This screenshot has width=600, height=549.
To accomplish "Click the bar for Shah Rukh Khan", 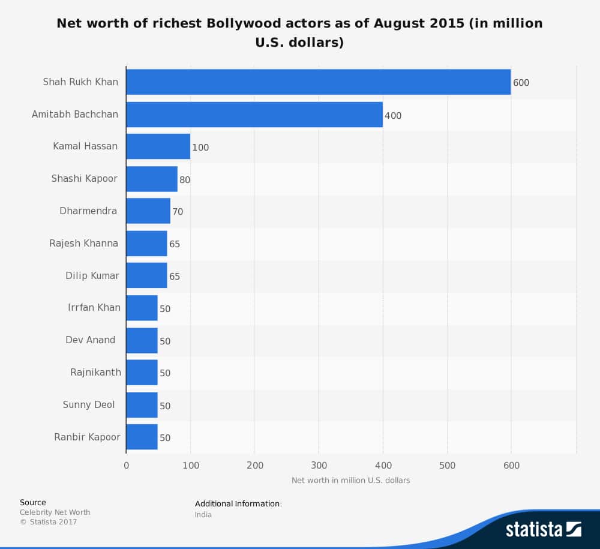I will pos(318,82).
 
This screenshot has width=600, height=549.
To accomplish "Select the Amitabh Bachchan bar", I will pos(254,115).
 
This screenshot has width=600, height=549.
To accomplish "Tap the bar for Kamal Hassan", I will pos(158,146).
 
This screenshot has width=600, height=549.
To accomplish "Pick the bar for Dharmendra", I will pos(148,211).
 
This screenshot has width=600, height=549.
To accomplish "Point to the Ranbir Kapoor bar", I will pos(142,437).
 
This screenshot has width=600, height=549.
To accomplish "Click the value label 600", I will pos(521,83).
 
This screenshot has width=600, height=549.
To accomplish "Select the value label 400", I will pos(393,115).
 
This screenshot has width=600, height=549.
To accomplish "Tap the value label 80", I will pos(185,180).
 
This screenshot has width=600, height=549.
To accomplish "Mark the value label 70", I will pos(178,212).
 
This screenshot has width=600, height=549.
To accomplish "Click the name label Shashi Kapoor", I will pos(85,178).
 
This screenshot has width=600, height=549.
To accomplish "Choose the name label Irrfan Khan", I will pos(94,307).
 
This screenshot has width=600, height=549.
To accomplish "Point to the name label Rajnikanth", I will pos(95,372).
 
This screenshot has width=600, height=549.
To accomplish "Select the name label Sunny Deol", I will pos(89,404).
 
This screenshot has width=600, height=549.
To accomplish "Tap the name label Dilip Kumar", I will pos(92,275).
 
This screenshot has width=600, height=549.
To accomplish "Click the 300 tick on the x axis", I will pos(319,465).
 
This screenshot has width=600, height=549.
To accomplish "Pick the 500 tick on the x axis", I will pos(447,465).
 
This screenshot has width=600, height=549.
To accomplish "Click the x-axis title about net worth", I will pos(350,480).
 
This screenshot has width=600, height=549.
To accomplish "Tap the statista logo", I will pos(543,529).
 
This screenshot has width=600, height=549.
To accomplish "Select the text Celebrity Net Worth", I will pos(55,512).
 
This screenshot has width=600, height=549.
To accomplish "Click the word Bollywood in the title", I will pos(242,23).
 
